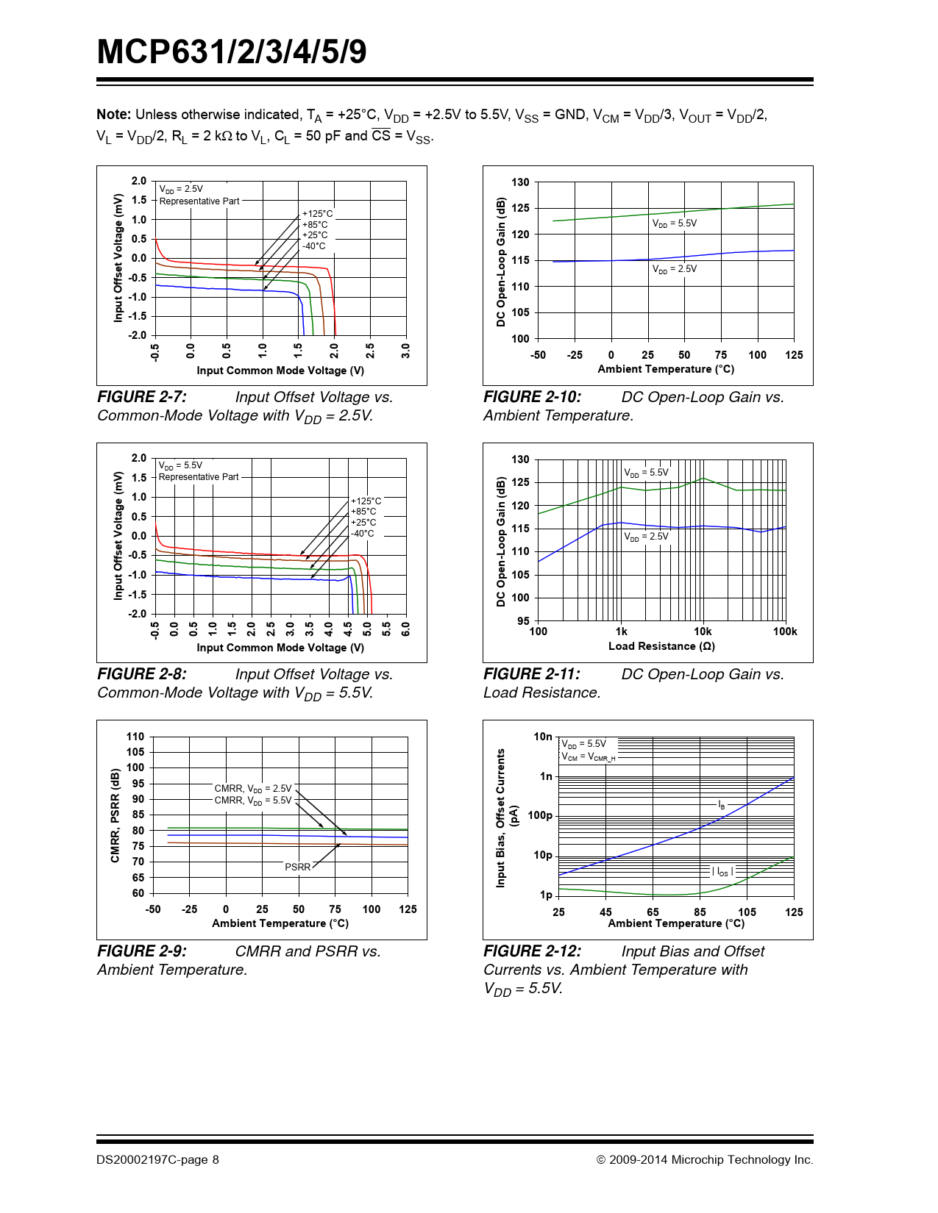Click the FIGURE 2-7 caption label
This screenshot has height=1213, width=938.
(142, 397)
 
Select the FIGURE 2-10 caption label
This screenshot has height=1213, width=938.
(532, 397)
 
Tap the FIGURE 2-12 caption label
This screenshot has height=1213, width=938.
(532, 951)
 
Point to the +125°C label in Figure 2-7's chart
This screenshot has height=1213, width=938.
(317, 214)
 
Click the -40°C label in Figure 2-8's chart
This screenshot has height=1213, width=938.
(363, 534)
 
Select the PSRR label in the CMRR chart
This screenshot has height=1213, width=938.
(297, 867)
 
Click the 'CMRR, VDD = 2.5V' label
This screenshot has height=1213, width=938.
(252, 789)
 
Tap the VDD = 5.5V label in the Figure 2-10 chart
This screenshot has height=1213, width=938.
(674, 223)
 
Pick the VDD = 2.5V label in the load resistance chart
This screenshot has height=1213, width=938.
(646, 537)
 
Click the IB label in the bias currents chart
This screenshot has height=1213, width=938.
(721, 806)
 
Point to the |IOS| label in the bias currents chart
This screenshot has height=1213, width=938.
(722, 872)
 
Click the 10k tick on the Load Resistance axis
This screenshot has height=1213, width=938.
(703, 631)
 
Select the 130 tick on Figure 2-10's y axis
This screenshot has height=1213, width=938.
(520, 182)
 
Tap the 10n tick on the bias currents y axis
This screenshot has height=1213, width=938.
(542, 737)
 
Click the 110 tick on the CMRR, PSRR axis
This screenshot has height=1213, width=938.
(135, 737)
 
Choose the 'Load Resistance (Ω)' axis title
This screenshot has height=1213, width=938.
(661, 646)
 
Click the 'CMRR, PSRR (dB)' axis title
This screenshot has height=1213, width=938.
(115, 815)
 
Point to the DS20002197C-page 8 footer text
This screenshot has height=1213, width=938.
(157, 1160)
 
